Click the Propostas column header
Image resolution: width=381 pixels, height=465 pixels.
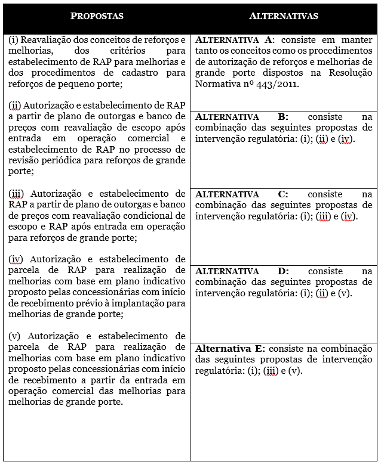97,16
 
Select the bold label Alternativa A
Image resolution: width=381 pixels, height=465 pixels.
233,39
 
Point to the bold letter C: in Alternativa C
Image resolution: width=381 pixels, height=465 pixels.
283,194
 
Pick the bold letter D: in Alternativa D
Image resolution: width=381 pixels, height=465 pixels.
283,271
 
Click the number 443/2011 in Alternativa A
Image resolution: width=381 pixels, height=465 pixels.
278,84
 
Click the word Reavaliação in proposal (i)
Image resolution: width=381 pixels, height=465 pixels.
46,39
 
